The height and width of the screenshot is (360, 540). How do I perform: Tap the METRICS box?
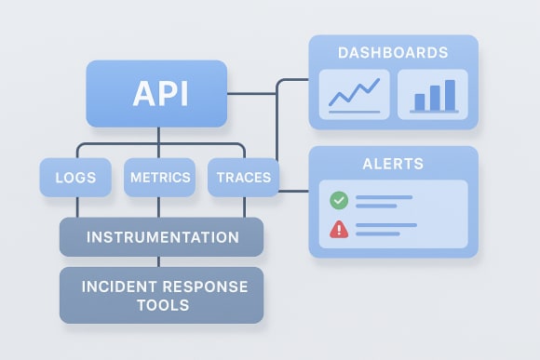(x=160, y=177)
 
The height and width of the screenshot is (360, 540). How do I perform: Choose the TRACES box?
(x=242, y=177)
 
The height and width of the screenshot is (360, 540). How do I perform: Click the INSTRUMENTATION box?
(x=161, y=237)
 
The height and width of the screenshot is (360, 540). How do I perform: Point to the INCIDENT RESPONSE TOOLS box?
(x=161, y=295)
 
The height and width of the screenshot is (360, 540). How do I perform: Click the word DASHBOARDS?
(x=393, y=52)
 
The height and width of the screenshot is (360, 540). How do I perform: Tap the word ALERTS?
(x=393, y=164)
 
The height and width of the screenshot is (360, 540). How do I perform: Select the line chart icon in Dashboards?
(x=354, y=94)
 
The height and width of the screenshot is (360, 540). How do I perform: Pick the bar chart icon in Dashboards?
(x=433, y=94)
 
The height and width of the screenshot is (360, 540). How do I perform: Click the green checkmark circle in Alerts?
(x=338, y=199)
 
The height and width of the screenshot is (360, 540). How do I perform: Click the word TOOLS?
(x=161, y=305)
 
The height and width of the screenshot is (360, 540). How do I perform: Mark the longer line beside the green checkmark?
(x=384, y=196)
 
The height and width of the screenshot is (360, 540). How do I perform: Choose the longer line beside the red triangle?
(x=384, y=224)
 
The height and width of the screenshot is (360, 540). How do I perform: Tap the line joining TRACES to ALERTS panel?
(x=294, y=191)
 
